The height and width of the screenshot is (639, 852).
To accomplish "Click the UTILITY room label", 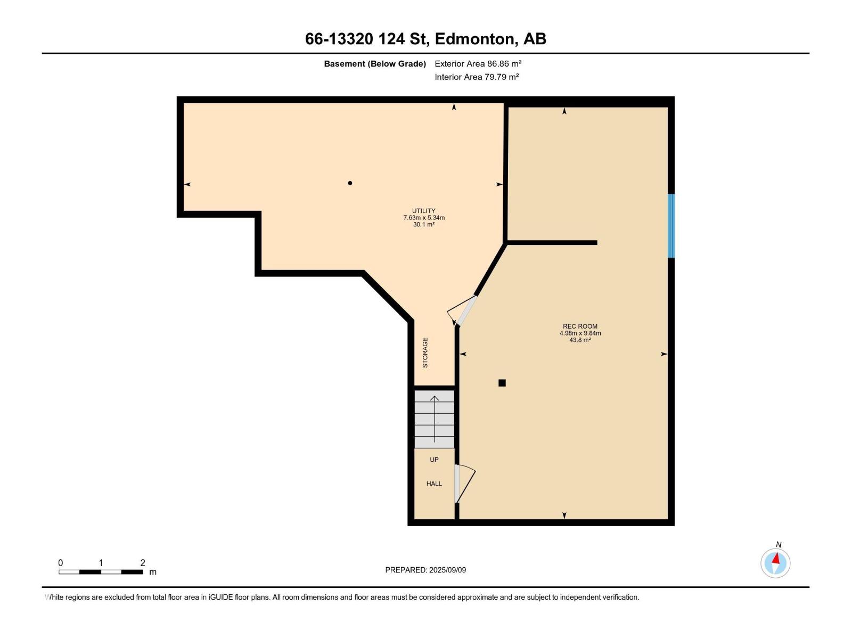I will tap(423, 211).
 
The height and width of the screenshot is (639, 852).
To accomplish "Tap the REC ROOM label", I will tap(580, 326).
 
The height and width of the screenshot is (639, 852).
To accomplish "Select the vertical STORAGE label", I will tap(425, 353).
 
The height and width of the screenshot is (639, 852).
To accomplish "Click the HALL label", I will tap(434, 484).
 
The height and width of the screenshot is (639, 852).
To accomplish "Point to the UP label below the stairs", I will tap(434, 460).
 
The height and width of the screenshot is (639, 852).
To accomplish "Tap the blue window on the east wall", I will tap(671, 226).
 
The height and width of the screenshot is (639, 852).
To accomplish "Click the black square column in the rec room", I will tap(502, 383).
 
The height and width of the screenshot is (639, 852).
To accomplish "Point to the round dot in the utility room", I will tap(350, 183).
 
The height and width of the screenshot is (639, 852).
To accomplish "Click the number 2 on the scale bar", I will tap(142, 563).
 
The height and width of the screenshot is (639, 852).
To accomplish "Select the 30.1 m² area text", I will tap(423, 225).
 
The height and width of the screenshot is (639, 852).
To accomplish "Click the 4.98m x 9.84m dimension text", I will tap(580, 333).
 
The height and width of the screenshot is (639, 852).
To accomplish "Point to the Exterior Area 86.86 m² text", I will tap(478, 63).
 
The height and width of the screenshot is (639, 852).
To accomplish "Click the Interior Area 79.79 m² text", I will tap(477, 77).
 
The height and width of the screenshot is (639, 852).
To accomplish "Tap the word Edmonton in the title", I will tap(475, 39).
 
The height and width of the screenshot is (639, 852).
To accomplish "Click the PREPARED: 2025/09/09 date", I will tap(425, 570).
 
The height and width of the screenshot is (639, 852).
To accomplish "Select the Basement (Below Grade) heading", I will tap(375, 64).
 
